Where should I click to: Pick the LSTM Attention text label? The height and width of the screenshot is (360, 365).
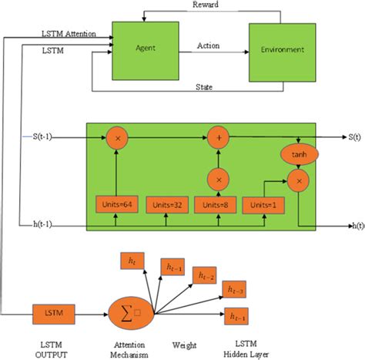(x=68, y=35)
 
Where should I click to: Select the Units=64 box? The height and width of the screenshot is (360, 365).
(x=117, y=204)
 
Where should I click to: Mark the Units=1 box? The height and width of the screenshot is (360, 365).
(x=261, y=204)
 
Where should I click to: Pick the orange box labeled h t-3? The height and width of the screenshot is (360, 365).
(x=233, y=289)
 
